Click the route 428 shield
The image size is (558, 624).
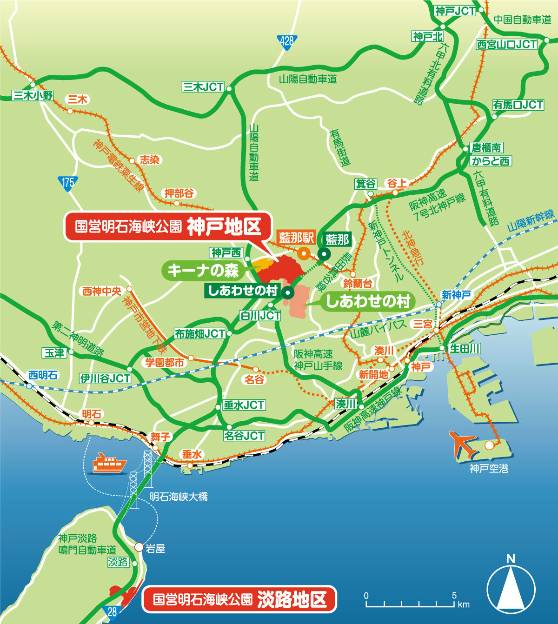tap(287, 41)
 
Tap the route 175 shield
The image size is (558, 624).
tap(68, 182)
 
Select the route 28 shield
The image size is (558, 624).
tap(112, 612)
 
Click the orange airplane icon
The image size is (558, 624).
tap(462, 444)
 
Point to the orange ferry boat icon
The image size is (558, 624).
tap(109, 463)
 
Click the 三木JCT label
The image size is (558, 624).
tap(203, 87)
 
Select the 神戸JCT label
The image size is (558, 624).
tap(455, 11)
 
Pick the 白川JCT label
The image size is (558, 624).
tap(260, 316)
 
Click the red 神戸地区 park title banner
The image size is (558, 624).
tap(167, 227)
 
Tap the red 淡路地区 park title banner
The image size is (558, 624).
tap(239, 599)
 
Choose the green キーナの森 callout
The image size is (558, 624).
tap(203, 270)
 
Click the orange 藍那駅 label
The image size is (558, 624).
tap(297, 238)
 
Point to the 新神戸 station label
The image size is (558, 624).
tap(456, 295)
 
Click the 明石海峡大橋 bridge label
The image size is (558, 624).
tap(179, 497)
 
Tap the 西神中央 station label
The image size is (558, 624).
tap(102, 291)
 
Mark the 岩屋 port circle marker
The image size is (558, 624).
tap(139, 547)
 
